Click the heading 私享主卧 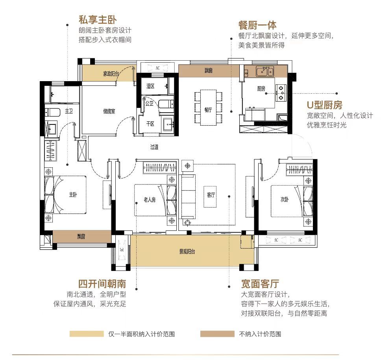(x=98, y=20)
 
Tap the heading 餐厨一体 (x=257, y=25)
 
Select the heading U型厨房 (x=325, y=105)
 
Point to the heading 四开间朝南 (x=102, y=284)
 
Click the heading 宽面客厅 (x=260, y=284)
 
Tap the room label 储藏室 (x=109, y=111)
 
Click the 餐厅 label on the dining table (x=208, y=110)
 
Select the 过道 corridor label (x=154, y=147)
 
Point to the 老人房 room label (x=150, y=200)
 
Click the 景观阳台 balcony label (x=187, y=252)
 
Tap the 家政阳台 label (x=111, y=74)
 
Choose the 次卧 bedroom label (x=285, y=199)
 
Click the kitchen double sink (x=265, y=71)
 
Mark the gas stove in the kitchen (x=281, y=93)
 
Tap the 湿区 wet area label (x=150, y=86)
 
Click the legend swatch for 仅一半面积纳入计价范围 (x=87, y=334)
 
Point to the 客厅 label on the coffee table (x=211, y=195)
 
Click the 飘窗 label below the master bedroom (x=81, y=236)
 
